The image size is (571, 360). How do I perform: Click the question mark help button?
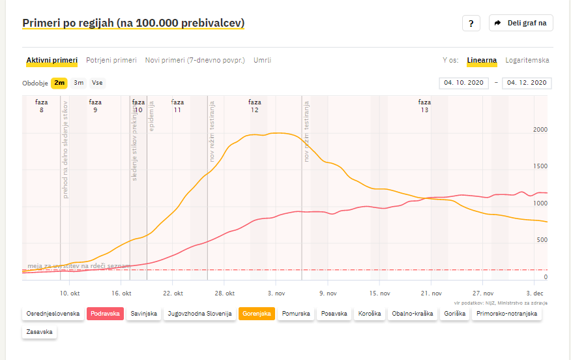(471, 23)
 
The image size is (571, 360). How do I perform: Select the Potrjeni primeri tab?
(111, 60)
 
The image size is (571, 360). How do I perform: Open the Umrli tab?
(262, 60)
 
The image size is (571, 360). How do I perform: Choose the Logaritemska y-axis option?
(527, 60)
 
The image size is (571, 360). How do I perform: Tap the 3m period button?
(78, 83)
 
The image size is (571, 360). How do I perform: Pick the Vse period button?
(97, 83)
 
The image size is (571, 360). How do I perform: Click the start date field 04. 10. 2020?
(463, 83)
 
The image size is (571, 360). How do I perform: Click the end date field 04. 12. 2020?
(527, 83)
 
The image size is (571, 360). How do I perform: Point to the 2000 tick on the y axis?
(540, 130)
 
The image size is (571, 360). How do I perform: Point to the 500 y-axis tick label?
(542, 240)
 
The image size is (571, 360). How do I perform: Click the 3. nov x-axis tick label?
(276, 293)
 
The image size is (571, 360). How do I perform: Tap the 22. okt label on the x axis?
(173, 293)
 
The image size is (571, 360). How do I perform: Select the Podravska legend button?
(105, 314)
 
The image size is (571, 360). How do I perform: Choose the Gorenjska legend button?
(256, 314)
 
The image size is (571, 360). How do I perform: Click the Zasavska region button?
(40, 332)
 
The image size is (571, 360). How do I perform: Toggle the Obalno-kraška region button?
(412, 314)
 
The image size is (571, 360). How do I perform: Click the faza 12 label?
(255, 106)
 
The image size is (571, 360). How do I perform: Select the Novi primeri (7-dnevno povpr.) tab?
(195, 60)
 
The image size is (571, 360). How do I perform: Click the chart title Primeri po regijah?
(134, 23)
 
